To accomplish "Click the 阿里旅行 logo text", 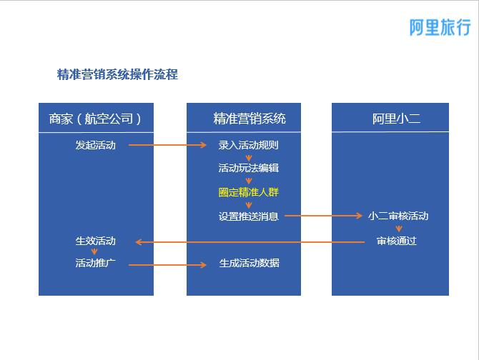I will pos(439,27).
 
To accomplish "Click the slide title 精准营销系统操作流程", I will pos(117,74).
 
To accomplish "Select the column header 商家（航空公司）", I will pos(95,119).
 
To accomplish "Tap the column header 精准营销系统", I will pos(244,119).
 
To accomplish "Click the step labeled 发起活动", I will pos(95,145).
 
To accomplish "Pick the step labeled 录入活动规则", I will pos(248,145).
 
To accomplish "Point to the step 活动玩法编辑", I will pos(248,168).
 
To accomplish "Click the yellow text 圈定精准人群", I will pos(248,192).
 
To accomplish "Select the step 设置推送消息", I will pos(248,216).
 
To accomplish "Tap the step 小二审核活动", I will pos(398,216).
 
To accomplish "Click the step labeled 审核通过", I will pos(396,241).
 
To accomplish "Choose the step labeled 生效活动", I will pos(95,241).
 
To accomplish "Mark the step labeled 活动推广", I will pos(95,263).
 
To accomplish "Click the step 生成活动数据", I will pos(249,263).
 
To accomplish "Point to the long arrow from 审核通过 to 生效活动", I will pos(250,242).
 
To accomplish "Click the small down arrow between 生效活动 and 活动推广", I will pos(94,251).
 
